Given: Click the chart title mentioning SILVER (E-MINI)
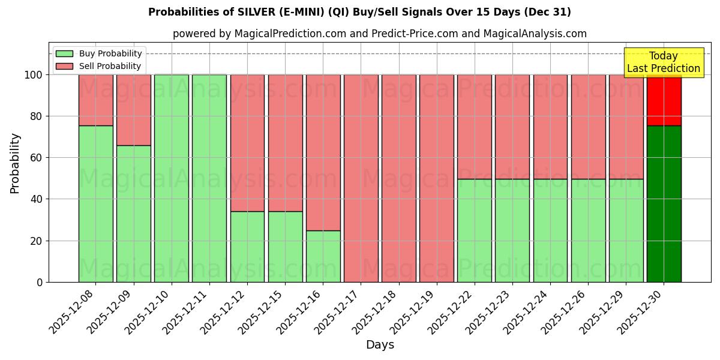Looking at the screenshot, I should (x=359, y=12).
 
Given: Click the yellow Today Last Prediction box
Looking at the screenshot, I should (x=663, y=62).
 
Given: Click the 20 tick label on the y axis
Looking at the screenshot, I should (x=37, y=241).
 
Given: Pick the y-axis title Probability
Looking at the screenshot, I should (x=15, y=163).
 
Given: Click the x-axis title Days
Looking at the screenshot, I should (x=380, y=345).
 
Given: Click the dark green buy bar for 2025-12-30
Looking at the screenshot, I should (x=664, y=204).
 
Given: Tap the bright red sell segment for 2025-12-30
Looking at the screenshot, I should (x=664, y=100).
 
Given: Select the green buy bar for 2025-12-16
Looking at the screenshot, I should (x=323, y=256).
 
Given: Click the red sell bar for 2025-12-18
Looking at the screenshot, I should (x=399, y=178).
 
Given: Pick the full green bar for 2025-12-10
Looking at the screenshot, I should (x=172, y=178).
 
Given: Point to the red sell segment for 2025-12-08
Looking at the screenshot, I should (x=95, y=100).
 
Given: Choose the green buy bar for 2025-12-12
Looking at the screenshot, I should (x=247, y=247).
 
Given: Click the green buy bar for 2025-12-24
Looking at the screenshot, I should (x=550, y=230).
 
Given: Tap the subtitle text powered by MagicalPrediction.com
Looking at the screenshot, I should (x=379, y=34).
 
